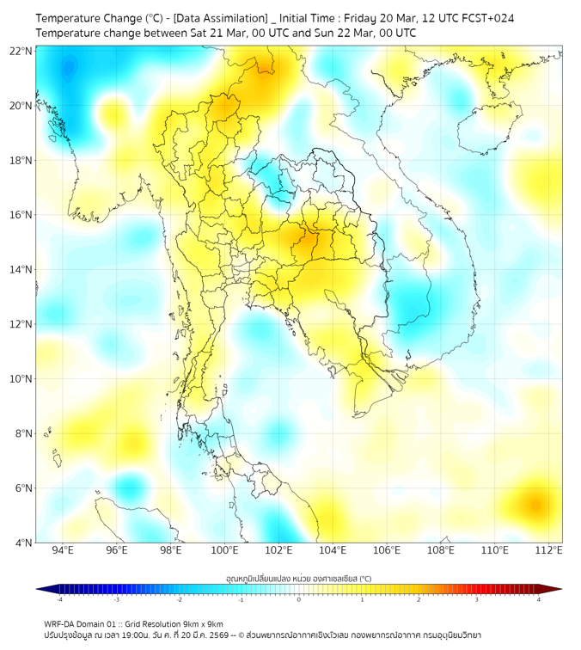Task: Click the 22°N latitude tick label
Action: click(21, 51)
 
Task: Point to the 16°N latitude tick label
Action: click(21, 215)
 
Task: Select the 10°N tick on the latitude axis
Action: click(21, 379)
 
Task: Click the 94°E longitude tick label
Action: click(63, 550)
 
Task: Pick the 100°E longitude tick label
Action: click(224, 550)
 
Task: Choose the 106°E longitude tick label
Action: click(387, 550)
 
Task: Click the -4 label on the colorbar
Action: click(59, 599)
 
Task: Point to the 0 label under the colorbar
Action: click(299, 599)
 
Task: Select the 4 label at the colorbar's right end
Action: click(538, 599)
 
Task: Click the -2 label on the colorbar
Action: click(179, 599)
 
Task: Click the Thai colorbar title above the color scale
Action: click(298, 578)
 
